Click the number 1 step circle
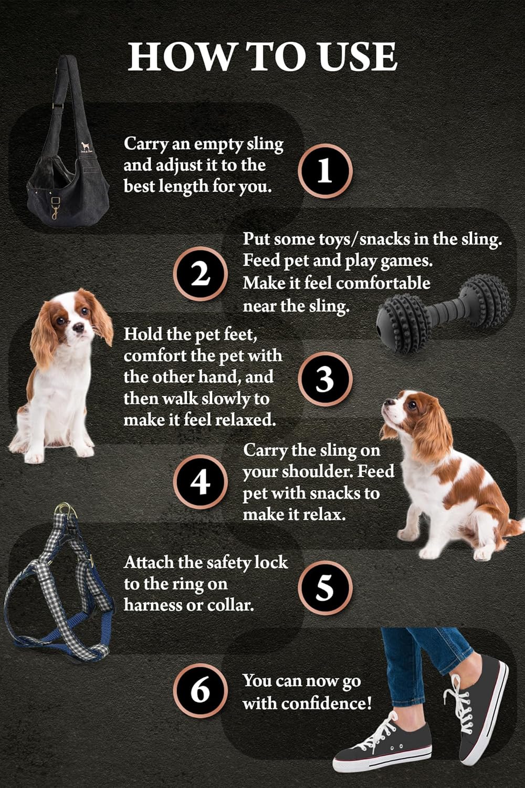(x=325, y=171)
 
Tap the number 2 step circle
(x=200, y=274)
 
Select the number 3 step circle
(x=325, y=379)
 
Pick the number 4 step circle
(x=200, y=482)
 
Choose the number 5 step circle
(x=325, y=587)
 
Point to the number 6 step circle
(x=200, y=690)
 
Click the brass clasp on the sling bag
(x=54, y=209)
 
